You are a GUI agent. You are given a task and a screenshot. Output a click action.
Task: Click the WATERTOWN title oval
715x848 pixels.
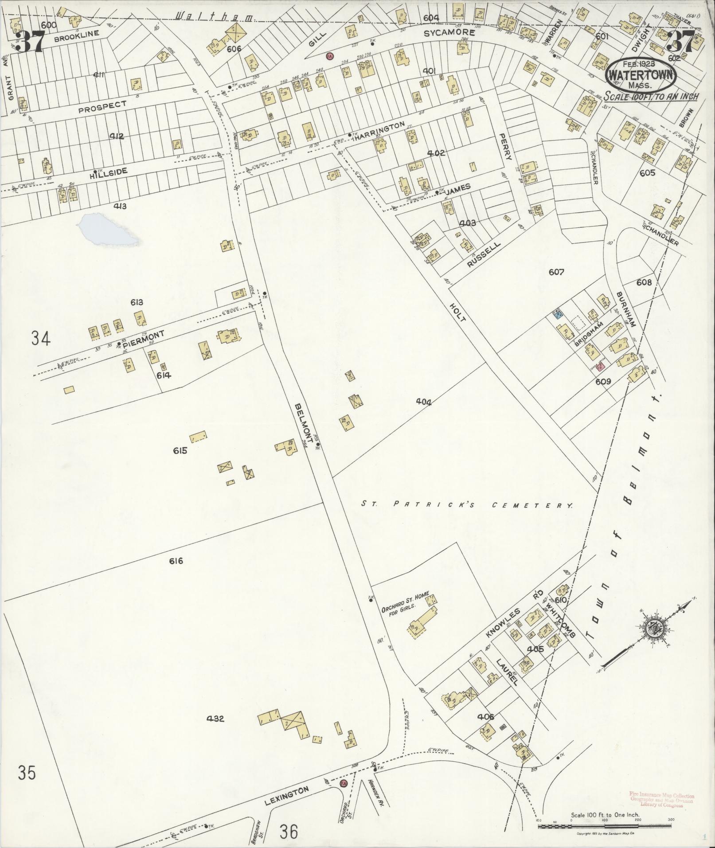(x=641, y=75)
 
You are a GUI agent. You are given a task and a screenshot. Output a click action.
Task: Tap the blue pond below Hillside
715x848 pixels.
(x=106, y=229)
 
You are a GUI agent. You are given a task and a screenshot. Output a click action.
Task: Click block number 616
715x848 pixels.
(x=176, y=561)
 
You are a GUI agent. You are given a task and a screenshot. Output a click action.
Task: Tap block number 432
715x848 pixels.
(x=215, y=718)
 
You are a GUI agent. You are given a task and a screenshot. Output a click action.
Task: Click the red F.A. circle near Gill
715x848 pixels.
(x=329, y=56)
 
